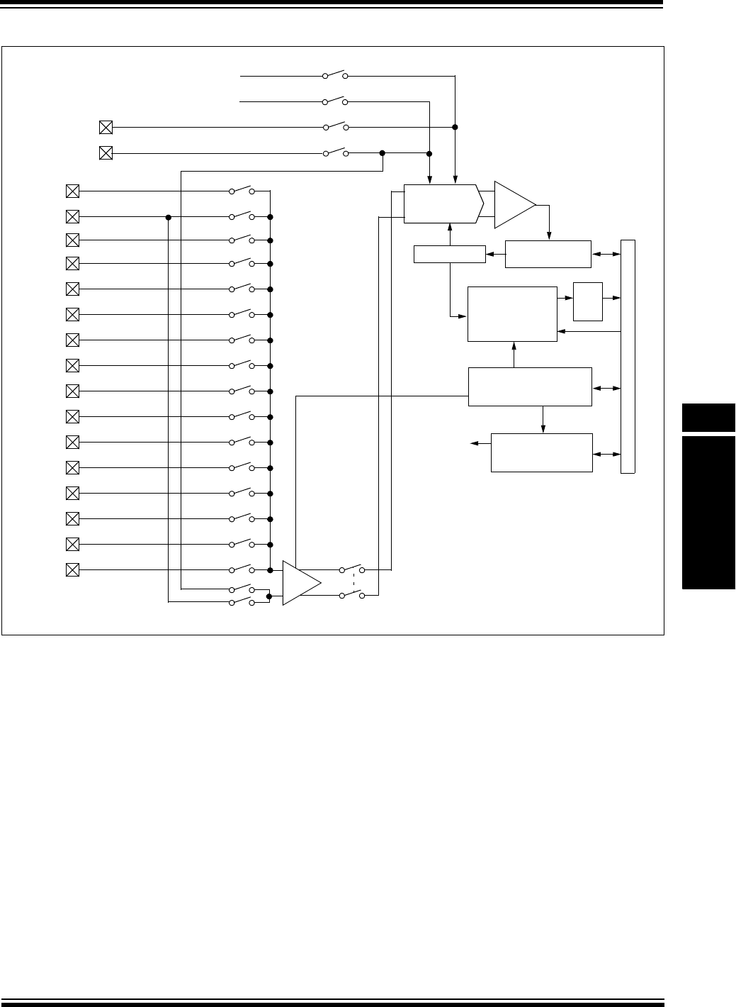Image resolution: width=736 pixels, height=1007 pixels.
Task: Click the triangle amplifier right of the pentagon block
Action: pos(514,204)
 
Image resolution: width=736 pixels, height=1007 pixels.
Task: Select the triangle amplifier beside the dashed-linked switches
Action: pos(300,583)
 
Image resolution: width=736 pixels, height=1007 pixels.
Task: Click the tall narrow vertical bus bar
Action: pos(628,357)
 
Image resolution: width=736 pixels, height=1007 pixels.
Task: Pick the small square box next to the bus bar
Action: pos(587,301)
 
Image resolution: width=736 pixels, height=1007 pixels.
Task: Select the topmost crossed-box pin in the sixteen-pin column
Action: pos(72,191)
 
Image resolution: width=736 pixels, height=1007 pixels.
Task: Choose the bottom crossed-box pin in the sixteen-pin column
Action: pos(72,569)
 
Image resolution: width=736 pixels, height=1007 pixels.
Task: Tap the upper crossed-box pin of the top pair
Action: pos(106,128)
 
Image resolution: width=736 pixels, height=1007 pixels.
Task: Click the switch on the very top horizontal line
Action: pos(334,74)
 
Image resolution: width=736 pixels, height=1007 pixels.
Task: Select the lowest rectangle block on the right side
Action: pos(542,452)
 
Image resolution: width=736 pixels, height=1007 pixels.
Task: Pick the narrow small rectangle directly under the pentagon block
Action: pos(449,253)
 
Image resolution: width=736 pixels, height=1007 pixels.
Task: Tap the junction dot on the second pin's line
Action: pos(169,217)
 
